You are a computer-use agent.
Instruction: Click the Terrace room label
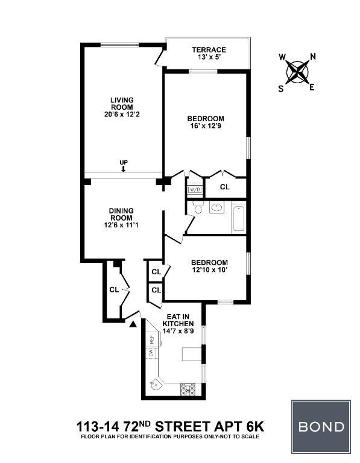click(x=209, y=49)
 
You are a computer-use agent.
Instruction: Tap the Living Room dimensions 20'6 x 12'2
click(x=122, y=115)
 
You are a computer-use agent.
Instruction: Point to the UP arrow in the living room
click(x=124, y=169)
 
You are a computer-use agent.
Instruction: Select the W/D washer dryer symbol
click(x=195, y=189)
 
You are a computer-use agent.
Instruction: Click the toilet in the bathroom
click(x=197, y=207)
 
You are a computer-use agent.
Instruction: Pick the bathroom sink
click(x=216, y=207)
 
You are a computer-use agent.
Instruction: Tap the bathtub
click(x=239, y=218)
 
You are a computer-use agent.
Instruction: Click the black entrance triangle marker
click(x=133, y=324)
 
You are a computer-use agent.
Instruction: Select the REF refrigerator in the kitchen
click(x=153, y=338)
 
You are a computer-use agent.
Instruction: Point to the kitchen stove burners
click(x=188, y=389)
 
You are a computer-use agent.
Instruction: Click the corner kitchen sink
click(x=155, y=385)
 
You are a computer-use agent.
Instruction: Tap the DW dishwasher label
click(x=151, y=353)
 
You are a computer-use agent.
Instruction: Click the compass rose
click(x=297, y=72)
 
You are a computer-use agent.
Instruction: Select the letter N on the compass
click(x=313, y=57)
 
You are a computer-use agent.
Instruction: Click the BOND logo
click(x=321, y=427)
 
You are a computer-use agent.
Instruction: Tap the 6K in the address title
click(x=255, y=427)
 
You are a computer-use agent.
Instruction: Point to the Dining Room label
click(x=121, y=215)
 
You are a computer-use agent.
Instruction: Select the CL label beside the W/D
click(x=225, y=187)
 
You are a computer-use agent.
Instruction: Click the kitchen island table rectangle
click(x=192, y=354)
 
